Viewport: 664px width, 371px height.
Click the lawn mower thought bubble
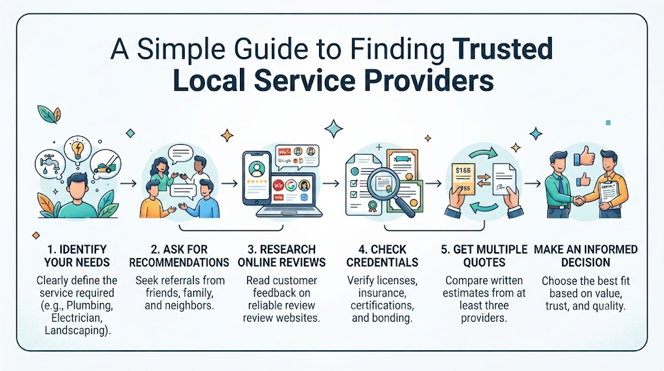[x=106, y=164]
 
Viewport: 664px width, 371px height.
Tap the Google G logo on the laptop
[x=290, y=185]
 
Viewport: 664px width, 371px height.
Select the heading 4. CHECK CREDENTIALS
[x=383, y=256]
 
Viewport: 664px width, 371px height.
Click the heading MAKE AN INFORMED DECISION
[x=586, y=256]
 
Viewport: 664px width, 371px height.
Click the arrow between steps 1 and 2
[x=128, y=184]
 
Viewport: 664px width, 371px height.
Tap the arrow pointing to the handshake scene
[x=533, y=184]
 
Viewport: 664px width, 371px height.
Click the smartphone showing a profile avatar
[x=257, y=178]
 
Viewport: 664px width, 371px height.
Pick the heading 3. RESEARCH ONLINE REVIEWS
[x=282, y=256]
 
